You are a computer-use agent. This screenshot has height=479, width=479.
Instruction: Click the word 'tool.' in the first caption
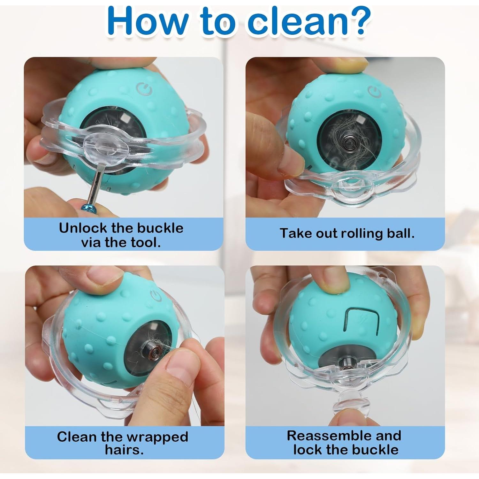point(145,242)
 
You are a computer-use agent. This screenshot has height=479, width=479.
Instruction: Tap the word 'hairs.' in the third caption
point(124,450)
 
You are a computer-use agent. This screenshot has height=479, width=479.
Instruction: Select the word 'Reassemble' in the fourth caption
point(322,436)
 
